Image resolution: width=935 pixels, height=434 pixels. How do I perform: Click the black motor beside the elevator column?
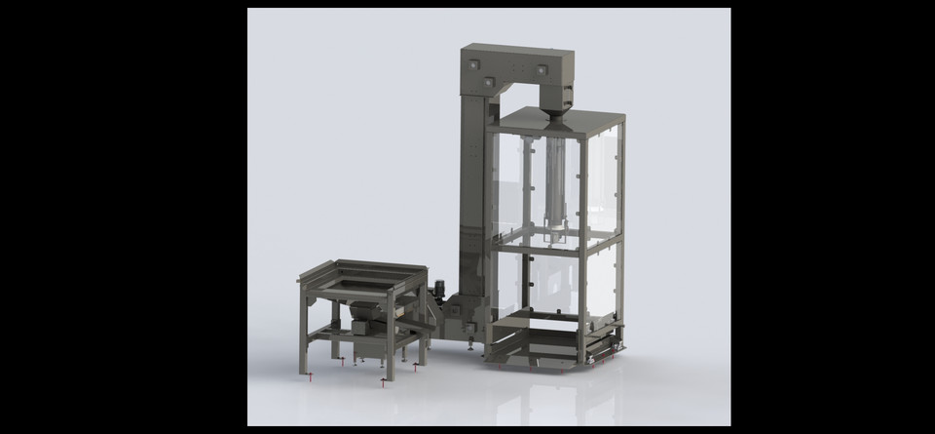[439, 289]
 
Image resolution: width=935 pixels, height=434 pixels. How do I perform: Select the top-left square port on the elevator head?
[473, 64]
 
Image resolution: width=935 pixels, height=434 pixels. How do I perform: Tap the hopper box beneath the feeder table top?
[366, 326]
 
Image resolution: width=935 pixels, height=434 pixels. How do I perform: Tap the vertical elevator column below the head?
[473, 195]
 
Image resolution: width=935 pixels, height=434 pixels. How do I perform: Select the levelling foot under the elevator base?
[472, 344]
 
